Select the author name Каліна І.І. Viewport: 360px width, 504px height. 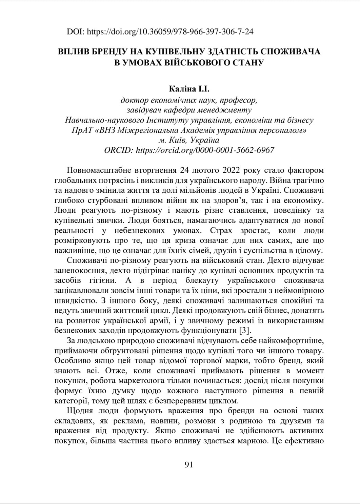(x=189, y=90)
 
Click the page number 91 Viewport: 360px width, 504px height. (x=189, y=464)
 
